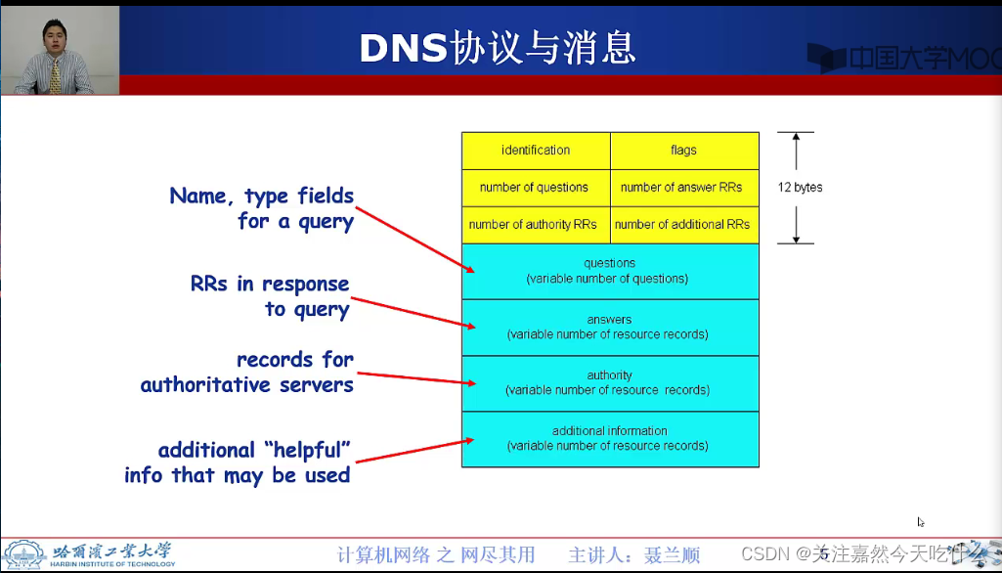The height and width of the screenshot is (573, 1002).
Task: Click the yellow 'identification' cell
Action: [536, 150]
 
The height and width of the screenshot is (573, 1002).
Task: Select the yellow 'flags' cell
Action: [684, 150]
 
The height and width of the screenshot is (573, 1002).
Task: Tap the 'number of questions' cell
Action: [535, 187]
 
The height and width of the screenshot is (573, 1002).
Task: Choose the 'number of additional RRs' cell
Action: [682, 224]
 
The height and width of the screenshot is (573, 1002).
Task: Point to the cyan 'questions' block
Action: [609, 271]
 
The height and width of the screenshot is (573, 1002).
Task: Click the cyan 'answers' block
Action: [609, 327]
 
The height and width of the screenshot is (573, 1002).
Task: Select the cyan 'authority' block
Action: [609, 382]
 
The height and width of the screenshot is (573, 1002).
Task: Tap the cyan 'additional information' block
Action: [609, 438]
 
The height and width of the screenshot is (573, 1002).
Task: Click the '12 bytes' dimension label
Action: [800, 187]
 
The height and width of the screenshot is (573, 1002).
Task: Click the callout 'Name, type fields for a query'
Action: [262, 208]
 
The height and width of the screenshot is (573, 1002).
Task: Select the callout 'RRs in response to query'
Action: [270, 296]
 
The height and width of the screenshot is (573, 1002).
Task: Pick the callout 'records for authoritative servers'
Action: [247, 372]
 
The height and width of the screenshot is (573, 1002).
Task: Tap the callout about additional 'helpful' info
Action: [238, 463]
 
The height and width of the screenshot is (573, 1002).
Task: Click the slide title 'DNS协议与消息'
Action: [498, 48]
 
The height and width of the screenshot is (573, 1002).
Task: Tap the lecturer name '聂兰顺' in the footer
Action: [672, 555]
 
